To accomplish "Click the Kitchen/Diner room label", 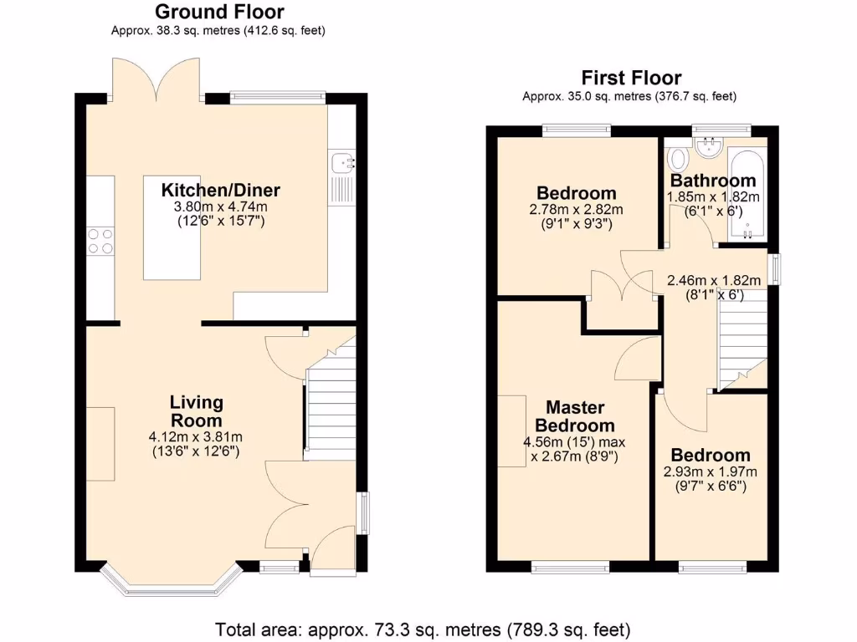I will click(x=220, y=189).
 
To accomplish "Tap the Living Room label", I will click(x=197, y=410).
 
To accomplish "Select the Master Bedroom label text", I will click(x=575, y=416).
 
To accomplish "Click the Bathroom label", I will click(x=713, y=181).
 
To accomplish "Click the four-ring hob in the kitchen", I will click(x=100, y=241).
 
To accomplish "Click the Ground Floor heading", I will click(x=219, y=12).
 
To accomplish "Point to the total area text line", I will click(x=423, y=629).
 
